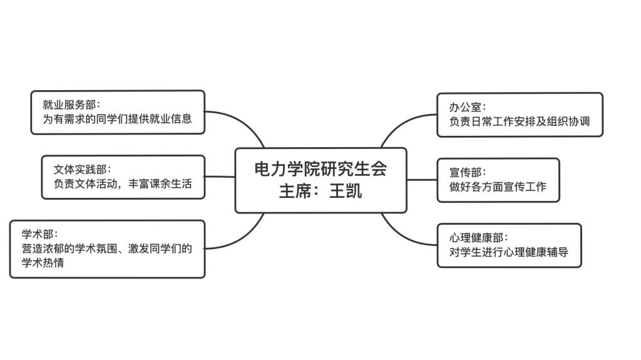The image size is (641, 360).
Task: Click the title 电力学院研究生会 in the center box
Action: click(x=320, y=169)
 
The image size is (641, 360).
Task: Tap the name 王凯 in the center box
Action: click(x=346, y=191)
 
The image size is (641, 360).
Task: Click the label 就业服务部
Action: click(x=69, y=105)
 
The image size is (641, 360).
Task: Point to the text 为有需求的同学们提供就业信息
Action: click(x=117, y=118)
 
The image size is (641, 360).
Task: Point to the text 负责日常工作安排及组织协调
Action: click(x=520, y=121)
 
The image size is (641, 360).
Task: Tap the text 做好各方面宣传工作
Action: click(x=498, y=187)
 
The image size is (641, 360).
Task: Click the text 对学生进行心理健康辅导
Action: click(x=508, y=252)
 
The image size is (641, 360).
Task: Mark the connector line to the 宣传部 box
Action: click(x=422, y=180)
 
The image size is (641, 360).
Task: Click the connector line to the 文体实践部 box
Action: click(x=220, y=177)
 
